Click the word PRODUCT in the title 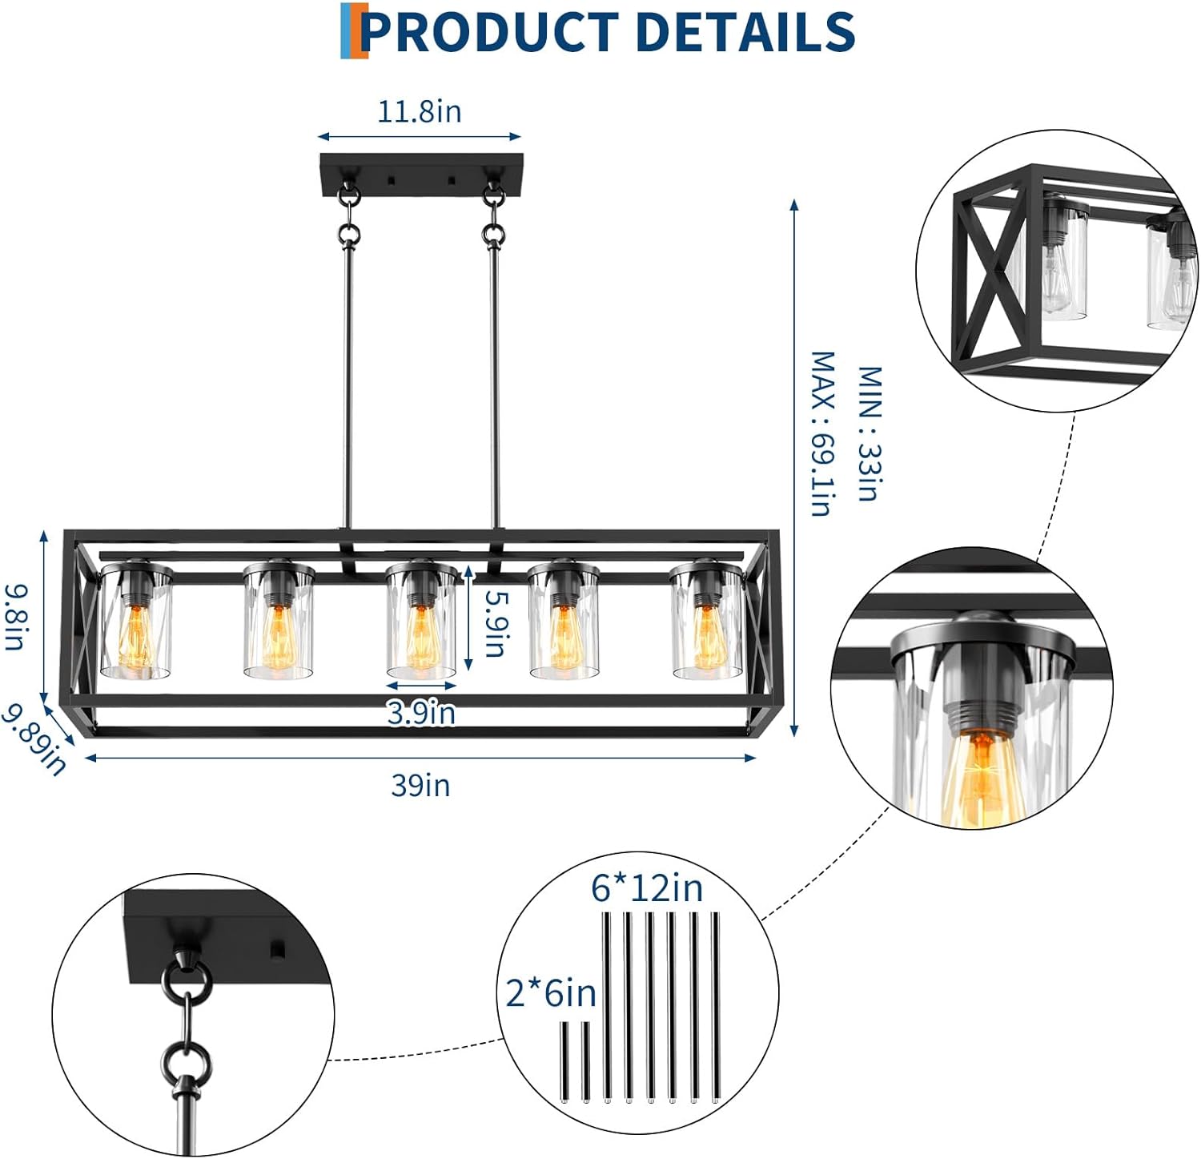[489, 32]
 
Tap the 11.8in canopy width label [420, 111]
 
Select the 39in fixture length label [420, 786]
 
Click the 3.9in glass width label [421, 712]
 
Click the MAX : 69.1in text [822, 433]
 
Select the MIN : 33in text [870, 433]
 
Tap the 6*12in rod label [647, 887]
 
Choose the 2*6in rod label [551, 993]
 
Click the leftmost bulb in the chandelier [135, 637]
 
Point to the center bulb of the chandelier [420, 637]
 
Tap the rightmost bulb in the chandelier [707, 637]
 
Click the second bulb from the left [278, 637]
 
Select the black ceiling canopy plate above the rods [421, 173]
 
